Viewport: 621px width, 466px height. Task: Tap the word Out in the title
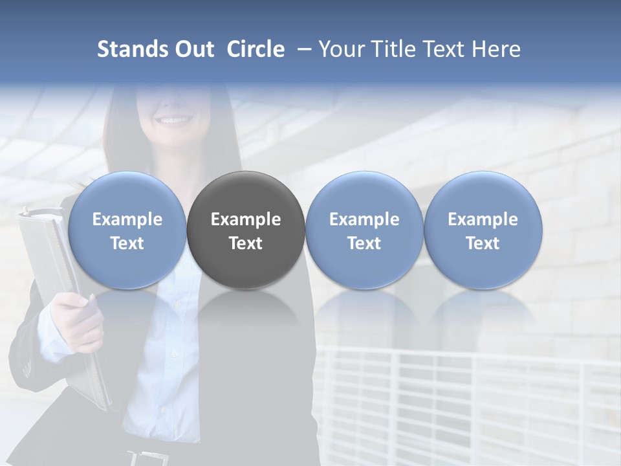pyautogui.click(x=192, y=49)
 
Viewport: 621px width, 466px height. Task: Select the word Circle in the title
pyautogui.click(x=256, y=49)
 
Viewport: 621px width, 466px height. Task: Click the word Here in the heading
pyautogui.click(x=496, y=49)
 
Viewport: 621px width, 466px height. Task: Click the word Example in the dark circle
pyautogui.click(x=246, y=219)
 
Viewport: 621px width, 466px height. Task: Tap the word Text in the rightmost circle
pyautogui.click(x=483, y=243)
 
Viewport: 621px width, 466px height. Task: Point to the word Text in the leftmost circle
pyautogui.click(x=127, y=243)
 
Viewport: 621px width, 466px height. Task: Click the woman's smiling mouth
pyautogui.click(x=175, y=120)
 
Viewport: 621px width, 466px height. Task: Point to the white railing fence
pyautogui.click(x=466, y=401)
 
